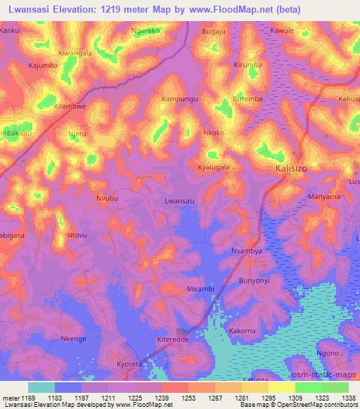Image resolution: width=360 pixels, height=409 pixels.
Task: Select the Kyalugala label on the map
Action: pyautogui.click(x=214, y=167)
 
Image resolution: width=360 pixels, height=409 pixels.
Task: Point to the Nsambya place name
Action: pyautogui.click(x=246, y=251)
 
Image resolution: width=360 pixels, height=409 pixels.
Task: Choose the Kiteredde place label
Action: pyautogui.click(x=172, y=340)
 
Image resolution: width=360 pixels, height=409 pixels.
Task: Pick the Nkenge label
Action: pyautogui.click(x=73, y=339)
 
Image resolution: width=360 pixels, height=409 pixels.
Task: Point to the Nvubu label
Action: pyautogui.click(x=108, y=199)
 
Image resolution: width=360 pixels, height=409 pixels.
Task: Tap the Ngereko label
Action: pyautogui.click(x=146, y=32)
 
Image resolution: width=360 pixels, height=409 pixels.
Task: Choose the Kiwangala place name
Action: pyautogui.click(x=75, y=53)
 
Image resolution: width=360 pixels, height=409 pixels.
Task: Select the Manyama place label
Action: pyautogui.click(x=324, y=197)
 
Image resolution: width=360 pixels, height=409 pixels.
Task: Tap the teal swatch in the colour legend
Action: pyautogui.click(x=41, y=387)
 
